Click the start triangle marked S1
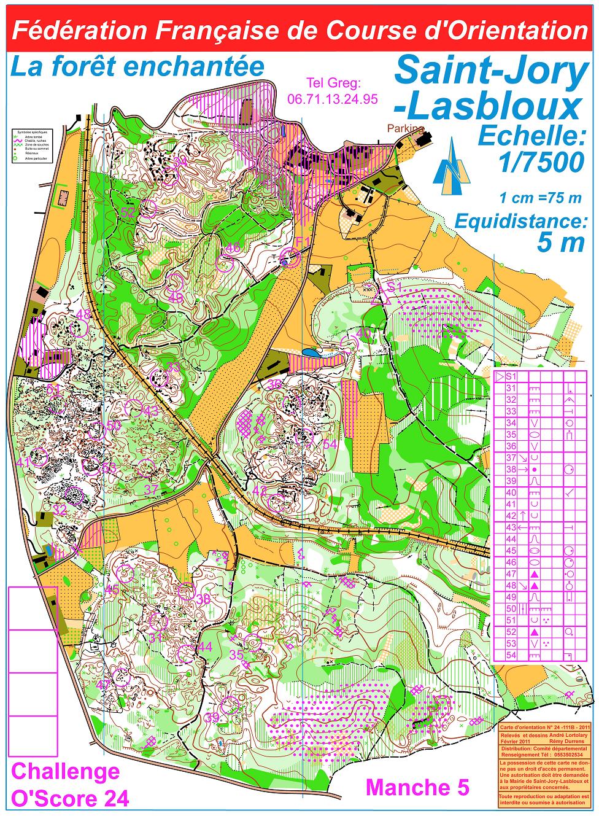(381, 297)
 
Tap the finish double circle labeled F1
(289, 258)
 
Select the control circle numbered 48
(79, 327)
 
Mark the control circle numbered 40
(349, 343)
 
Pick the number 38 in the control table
(510, 469)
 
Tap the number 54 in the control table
(510, 655)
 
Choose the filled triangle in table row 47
(534, 574)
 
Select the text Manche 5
(417, 787)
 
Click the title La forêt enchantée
(138, 66)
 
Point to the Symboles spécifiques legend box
(34, 146)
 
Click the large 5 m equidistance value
(560, 242)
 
